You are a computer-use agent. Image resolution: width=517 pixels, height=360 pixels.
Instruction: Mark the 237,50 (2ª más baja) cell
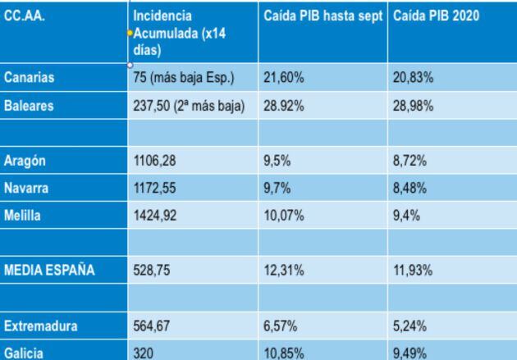click(x=189, y=107)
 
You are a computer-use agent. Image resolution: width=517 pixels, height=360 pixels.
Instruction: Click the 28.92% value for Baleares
click(x=281, y=107)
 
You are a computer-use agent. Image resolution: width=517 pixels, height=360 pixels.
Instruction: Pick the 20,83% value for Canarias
click(x=412, y=77)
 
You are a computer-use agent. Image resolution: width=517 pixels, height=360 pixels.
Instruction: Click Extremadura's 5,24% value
click(x=409, y=326)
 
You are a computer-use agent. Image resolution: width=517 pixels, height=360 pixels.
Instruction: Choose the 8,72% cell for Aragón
click(x=409, y=162)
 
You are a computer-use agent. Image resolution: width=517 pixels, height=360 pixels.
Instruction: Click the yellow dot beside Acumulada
click(x=130, y=33)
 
